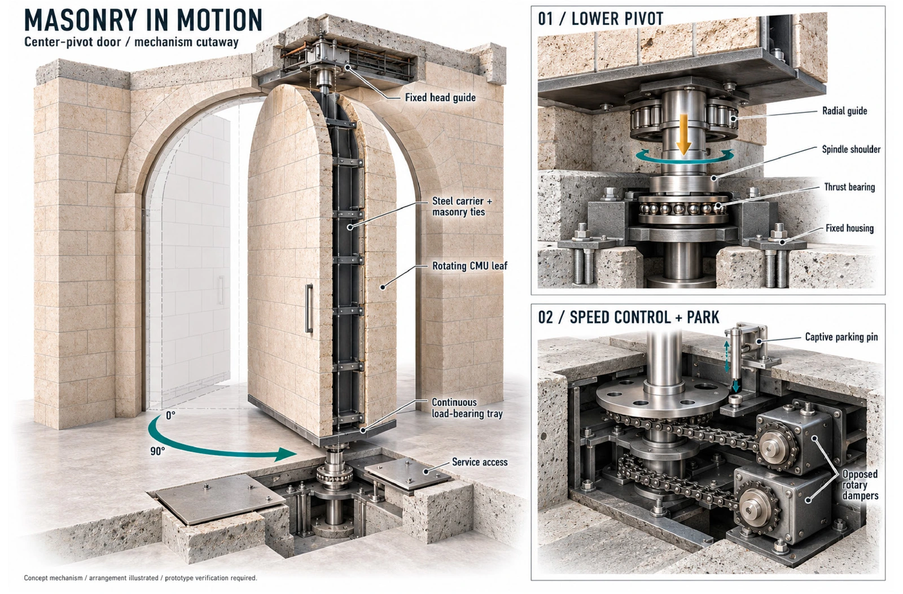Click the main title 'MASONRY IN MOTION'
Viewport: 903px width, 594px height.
(x=143, y=20)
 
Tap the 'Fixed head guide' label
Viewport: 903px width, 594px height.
(x=440, y=98)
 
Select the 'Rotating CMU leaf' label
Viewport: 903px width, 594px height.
(x=470, y=266)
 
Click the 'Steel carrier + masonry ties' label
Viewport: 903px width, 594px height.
(x=462, y=207)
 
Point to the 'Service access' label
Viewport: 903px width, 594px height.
(x=480, y=462)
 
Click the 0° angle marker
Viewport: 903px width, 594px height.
(x=170, y=416)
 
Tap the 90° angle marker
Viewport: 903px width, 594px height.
(x=157, y=451)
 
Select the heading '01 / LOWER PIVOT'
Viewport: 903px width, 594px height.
(x=600, y=19)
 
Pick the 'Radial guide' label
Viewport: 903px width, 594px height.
(x=844, y=111)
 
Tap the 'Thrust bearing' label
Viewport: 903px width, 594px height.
(x=849, y=187)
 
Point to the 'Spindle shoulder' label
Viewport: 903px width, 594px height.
(x=851, y=150)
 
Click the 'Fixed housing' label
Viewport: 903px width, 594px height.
(x=849, y=228)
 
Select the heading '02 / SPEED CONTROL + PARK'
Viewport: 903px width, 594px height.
(x=629, y=317)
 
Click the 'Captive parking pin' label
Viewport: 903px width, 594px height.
(x=841, y=337)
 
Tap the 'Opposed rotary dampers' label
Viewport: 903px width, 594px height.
(x=860, y=484)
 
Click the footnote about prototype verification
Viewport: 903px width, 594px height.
(x=141, y=578)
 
